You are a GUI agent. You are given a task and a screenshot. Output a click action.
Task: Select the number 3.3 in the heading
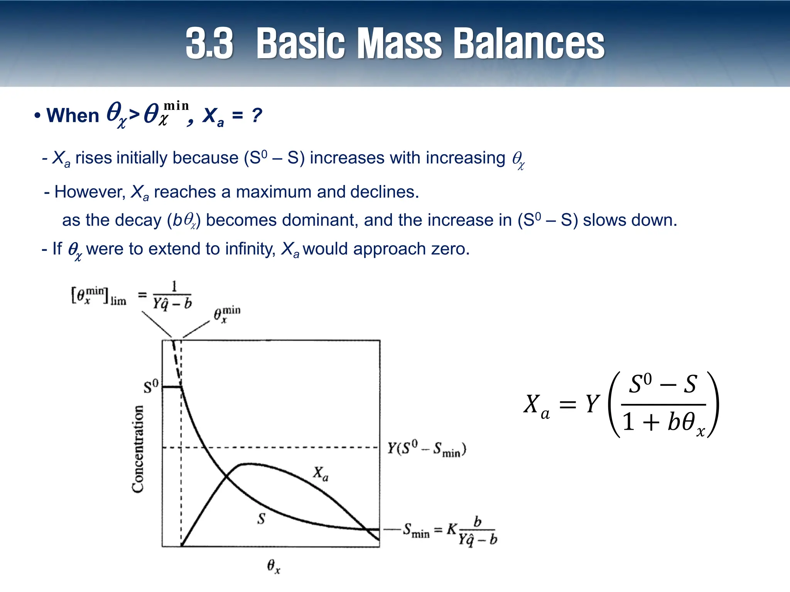tap(209, 43)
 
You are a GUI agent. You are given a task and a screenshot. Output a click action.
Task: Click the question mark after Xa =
tap(257, 115)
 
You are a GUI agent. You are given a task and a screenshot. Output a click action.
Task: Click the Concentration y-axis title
tap(138, 449)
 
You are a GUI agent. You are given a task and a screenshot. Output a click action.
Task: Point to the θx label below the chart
tap(273, 567)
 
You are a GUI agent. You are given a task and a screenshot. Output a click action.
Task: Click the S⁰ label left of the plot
tap(151, 386)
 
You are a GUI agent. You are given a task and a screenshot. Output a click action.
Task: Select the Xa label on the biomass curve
tap(321, 474)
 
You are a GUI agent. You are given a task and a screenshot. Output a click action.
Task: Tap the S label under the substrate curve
tap(261, 519)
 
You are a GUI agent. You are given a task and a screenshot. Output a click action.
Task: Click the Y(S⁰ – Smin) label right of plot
tap(427, 449)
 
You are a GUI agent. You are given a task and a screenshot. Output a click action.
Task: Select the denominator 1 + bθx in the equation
tap(663, 423)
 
